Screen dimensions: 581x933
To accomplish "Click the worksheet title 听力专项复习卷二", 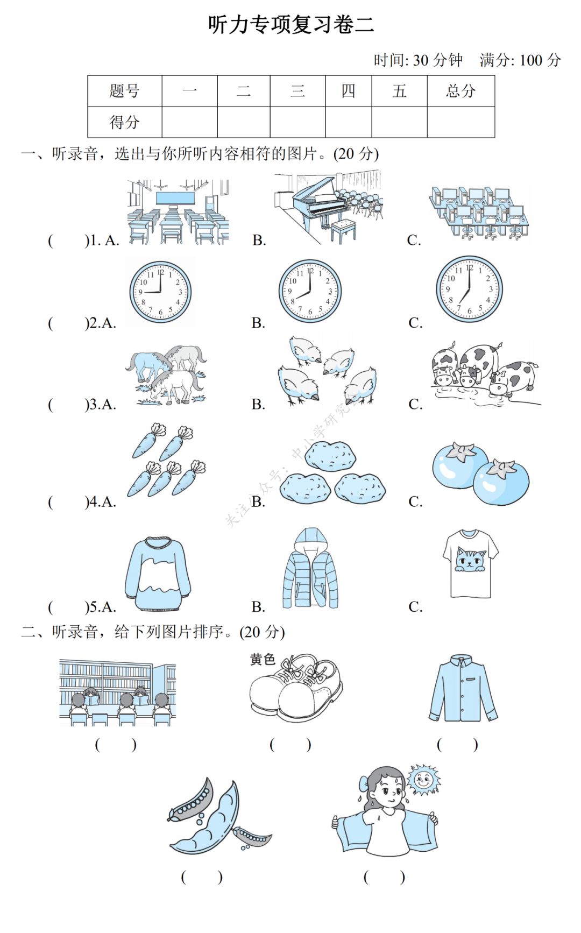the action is [x=291, y=25].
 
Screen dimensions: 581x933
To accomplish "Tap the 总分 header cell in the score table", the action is [x=460, y=91].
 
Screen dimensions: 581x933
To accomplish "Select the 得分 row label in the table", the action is [x=125, y=122].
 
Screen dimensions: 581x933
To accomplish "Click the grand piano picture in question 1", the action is [x=328, y=207].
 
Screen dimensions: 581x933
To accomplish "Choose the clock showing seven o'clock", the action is [x=469, y=289].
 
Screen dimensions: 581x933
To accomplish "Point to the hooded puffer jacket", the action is [x=310, y=568].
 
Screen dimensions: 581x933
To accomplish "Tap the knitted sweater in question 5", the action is [x=158, y=574].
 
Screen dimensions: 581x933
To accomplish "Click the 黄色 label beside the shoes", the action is [x=263, y=659].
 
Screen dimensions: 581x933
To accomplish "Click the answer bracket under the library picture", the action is [x=116, y=745].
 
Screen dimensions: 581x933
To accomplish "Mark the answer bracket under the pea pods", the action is [x=202, y=877].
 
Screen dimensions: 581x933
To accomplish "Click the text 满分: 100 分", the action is [x=520, y=60].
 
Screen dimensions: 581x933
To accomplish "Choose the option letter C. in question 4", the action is [x=415, y=501].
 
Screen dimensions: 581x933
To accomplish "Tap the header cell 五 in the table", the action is [x=399, y=91].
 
